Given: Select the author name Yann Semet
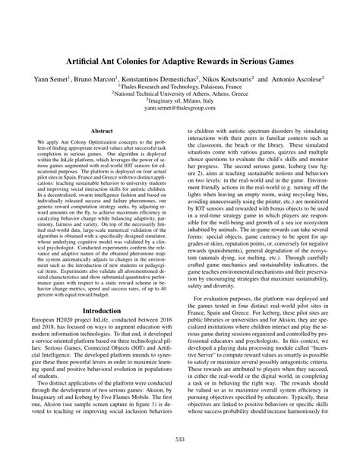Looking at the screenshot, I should pyautogui.click(x=52, y=78).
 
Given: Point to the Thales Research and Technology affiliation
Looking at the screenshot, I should pyautogui.click(x=181, y=88).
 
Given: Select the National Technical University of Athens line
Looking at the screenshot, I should pyautogui.click(x=181, y=97).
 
